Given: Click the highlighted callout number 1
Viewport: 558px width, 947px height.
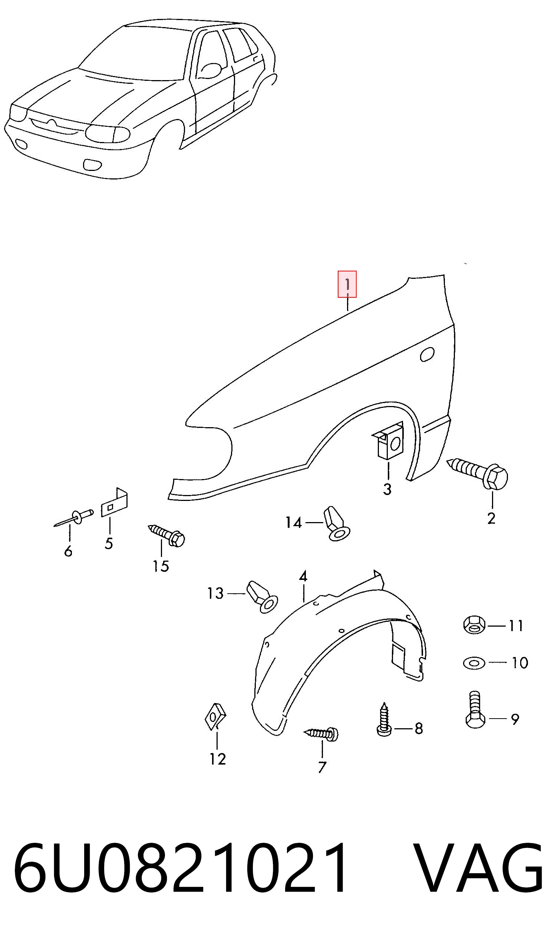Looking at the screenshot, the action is (x=347, y=284).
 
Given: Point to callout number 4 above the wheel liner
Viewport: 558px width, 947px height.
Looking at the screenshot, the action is (x=303, y=576).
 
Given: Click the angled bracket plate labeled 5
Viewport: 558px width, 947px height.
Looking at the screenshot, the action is (x=115, y=503).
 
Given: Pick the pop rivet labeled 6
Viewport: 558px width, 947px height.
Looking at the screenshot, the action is (x=75, y=517).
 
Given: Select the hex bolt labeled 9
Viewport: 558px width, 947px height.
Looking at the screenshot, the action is (x=475, y=710).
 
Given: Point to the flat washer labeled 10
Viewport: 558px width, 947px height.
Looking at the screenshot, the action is (x=474, y=662).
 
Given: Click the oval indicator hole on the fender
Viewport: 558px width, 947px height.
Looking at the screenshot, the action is (x=427, y=354).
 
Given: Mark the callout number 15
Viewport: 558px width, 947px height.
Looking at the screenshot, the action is (x=161, y=566).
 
